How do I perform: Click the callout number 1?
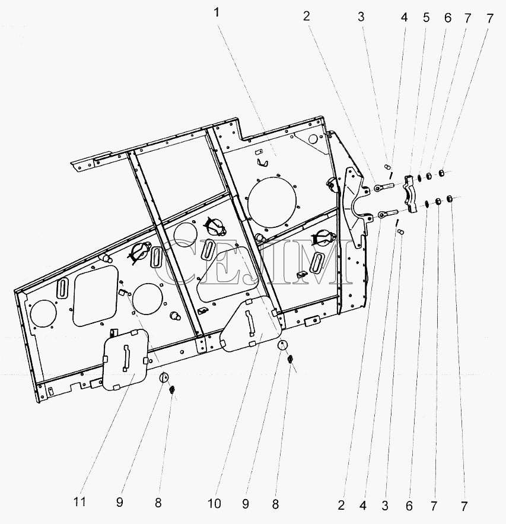(217, 12)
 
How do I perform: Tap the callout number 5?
(426, 18)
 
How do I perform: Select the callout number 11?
(79, 501)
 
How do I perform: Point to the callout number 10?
(214, 504)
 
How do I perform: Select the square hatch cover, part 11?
(126, 359)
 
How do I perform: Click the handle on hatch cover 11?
(126, 358)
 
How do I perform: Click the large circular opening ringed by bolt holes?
(272, 204)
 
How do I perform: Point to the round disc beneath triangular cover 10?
(282, 345)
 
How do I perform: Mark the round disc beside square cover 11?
(164, 377)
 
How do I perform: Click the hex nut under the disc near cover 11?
(173, 389)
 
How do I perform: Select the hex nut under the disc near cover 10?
(290, 359)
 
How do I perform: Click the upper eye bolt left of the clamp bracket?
(384, 187)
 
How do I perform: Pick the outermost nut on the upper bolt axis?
(441, 173)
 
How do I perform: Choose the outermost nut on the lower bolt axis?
(450, 199)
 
